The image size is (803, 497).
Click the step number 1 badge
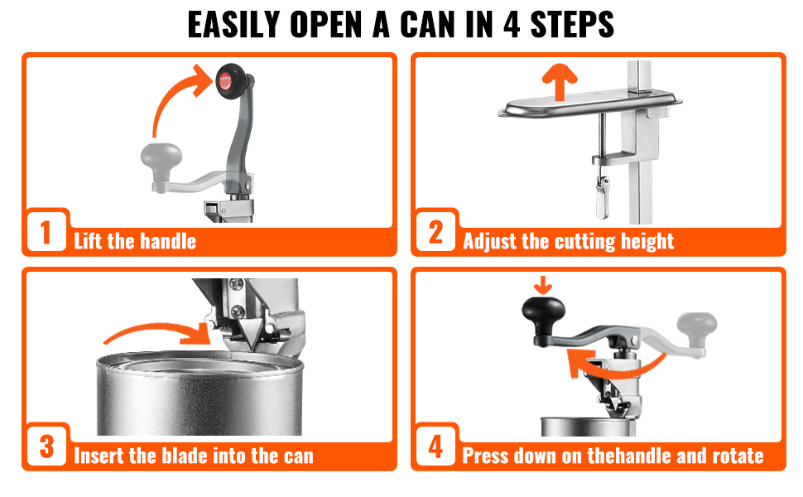(x=46, y=233)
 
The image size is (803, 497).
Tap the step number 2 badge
(x=435, y=233)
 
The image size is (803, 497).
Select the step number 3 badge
(x=46, y=447)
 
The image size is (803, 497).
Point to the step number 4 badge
(x=435, y=447)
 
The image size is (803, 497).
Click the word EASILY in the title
(x=234, y=26)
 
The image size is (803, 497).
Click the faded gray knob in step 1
(x=161, y=156)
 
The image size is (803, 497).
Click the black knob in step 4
(x=542, y=315)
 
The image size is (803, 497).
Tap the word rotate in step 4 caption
(x=735, y=456)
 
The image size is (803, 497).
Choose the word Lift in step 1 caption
(x=89, y=242)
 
